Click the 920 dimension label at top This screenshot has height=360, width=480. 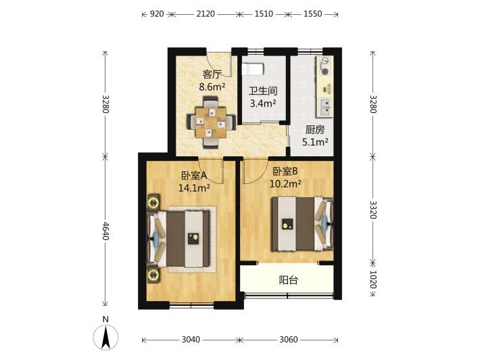pyautogui.click(x=156, y=14)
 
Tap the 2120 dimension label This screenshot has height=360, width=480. pyautogui.click(x=205, y=14)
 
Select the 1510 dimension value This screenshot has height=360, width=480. pyautogui.click(x=264, y=14)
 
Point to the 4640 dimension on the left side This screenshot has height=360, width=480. pyautogui.click(x=105, y=231)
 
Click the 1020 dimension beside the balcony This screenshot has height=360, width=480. pyautogui.click(x=373, y=279)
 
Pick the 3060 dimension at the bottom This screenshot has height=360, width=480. pyautogui.click(x=289, y=340)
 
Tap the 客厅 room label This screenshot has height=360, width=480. pyautogui.click(x=212, y=74)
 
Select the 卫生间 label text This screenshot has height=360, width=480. pyautogui.click(x=263, y=91)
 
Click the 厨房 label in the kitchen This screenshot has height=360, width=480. pyautogui.click(x=314, y=130)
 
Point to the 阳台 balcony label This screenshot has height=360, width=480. pyautogui.click(x=289, y=280)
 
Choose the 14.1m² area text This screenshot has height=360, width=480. pyautogui.click(x=194, y=187)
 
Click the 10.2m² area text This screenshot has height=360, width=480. pyautogui.click(x=285, y=184)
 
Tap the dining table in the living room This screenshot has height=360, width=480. pyautogui.click(x=211, y=122)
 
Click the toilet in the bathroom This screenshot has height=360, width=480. pyautogui.click(x=253, y=69)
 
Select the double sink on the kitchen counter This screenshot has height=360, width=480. pyautogui.click(x=325, y=107)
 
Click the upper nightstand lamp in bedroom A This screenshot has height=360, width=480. pyautogui.click(x=153, y=202)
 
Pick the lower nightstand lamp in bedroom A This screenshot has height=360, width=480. pyautogui.click(x=153, y=275)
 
